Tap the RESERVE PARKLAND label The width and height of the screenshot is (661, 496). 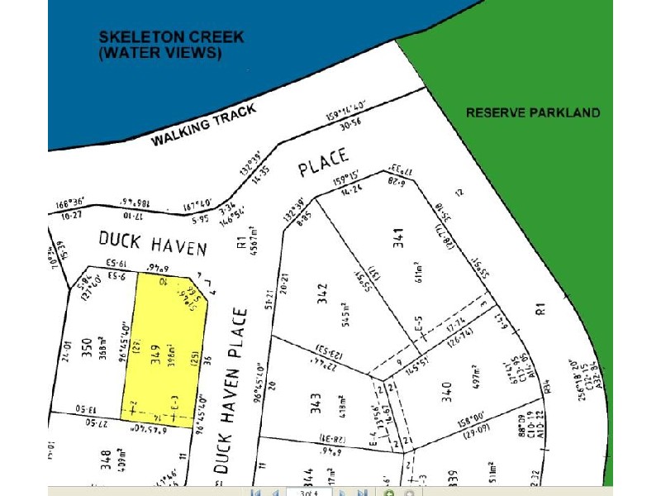click(x=533, y=112)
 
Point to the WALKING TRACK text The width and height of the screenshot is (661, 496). click(x=203, y=126)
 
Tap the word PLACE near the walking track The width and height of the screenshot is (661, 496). click(x=325, y=163)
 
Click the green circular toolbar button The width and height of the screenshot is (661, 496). click(x=389, y=493)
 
